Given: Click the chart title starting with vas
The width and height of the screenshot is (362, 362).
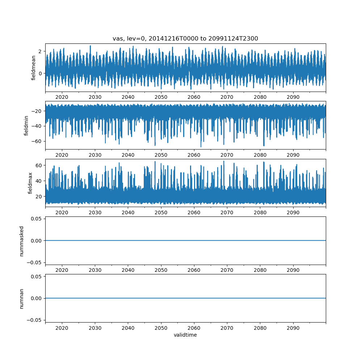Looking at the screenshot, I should coord(185,39).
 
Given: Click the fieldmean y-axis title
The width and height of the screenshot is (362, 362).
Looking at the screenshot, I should coord(34,68).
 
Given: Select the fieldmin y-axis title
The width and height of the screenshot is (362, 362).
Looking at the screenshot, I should coord(26,125).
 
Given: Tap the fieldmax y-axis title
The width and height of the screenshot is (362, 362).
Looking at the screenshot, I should coord(30,183).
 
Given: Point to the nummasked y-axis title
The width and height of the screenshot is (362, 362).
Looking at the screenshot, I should coord(22,241).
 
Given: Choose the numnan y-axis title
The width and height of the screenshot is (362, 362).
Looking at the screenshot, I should coord(22,298).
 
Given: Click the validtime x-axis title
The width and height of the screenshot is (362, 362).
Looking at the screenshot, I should coord(185,335).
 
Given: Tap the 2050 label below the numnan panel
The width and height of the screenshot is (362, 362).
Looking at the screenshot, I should coord(161,328).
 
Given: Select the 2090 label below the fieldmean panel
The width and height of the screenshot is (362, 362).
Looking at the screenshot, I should coord(293,97).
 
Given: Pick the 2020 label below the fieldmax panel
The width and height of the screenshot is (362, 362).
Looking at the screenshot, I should coord(62,213).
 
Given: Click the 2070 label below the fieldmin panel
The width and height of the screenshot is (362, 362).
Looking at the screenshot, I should coord(227,155).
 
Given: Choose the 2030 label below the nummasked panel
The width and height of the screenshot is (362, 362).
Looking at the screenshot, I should coord(95,270).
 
